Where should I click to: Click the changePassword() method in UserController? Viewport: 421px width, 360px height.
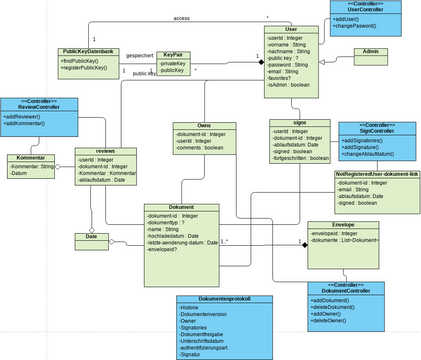click(365, 27)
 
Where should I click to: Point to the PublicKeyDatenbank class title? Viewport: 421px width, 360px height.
click(88, 51)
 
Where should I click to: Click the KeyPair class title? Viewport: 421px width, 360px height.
click(172, 55)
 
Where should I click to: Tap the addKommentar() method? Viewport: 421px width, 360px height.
click(39, 128)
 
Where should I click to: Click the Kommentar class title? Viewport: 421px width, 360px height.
click(31, 157)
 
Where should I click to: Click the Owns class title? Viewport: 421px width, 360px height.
click(203, 126)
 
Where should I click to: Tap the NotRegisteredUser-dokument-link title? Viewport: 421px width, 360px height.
click(377, 174)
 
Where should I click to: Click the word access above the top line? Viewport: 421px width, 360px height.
click(181, 18)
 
